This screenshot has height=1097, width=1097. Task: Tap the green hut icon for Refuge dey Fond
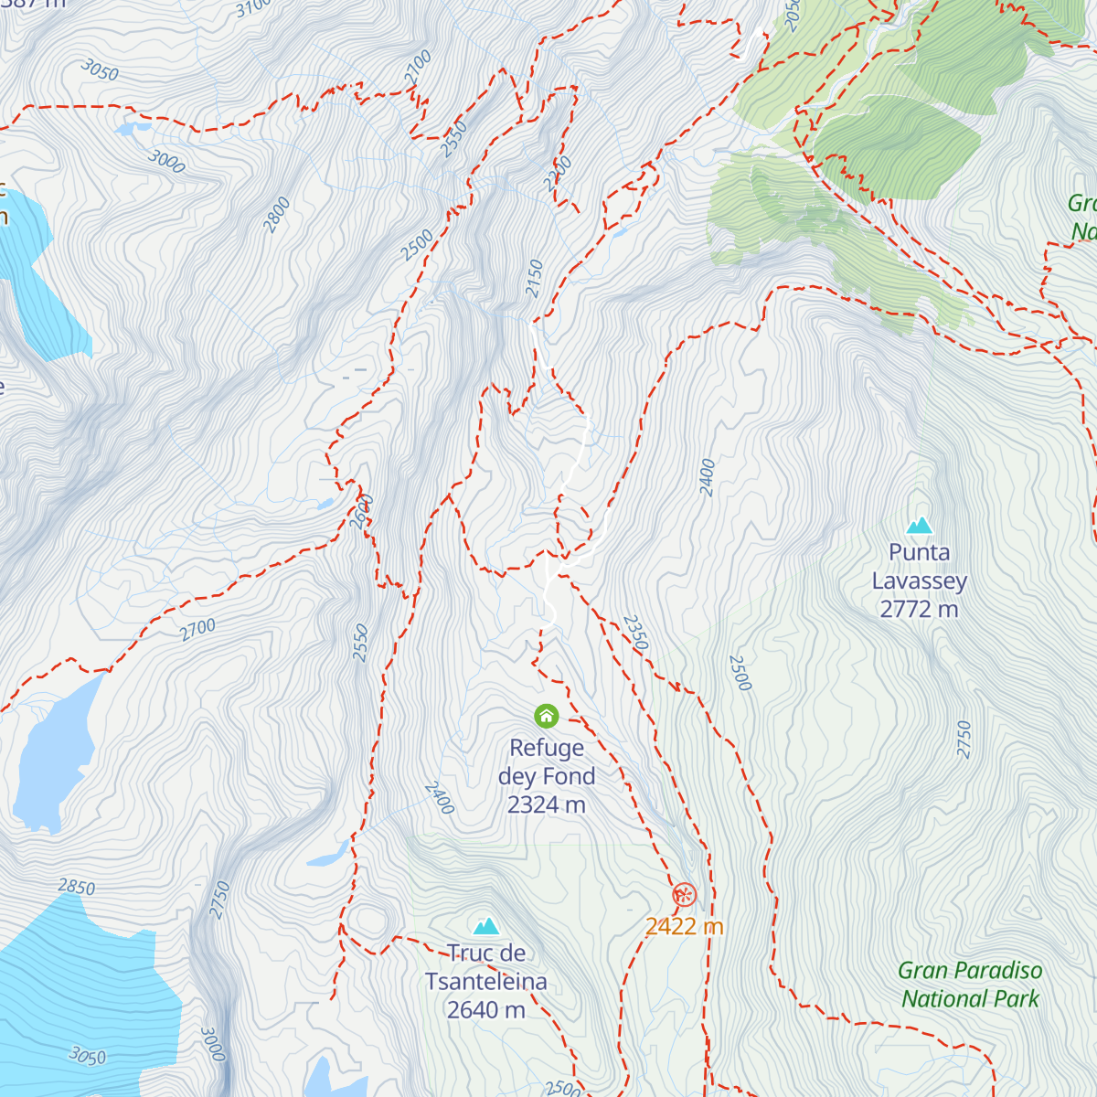(547, 715)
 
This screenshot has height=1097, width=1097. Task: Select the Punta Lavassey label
(919, 566)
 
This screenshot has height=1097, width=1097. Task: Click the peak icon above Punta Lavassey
(919, 525)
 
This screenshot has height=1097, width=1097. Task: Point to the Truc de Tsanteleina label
(486, 967)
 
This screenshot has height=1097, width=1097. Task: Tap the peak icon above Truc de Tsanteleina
(486, 926)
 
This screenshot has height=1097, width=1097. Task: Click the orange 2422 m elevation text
(684, 927)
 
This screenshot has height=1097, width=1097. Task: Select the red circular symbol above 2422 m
(684, 895)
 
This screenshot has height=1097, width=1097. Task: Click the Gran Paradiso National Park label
(970, 985)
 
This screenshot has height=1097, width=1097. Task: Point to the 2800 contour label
(276, 215)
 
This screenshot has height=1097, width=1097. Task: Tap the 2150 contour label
(535, 278)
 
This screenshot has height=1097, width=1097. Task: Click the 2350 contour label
(635, 633)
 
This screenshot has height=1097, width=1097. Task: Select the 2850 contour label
(76, 887)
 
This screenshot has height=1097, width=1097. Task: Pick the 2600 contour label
(362, 511)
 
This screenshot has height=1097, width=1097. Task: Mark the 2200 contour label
(558, 174)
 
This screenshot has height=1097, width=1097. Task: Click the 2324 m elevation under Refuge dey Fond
(547, 805)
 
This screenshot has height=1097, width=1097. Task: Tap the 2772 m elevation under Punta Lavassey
(919, 609)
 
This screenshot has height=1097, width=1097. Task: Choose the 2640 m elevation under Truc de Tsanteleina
(486, 1010)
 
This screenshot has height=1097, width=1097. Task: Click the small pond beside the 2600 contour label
(325, 503)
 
